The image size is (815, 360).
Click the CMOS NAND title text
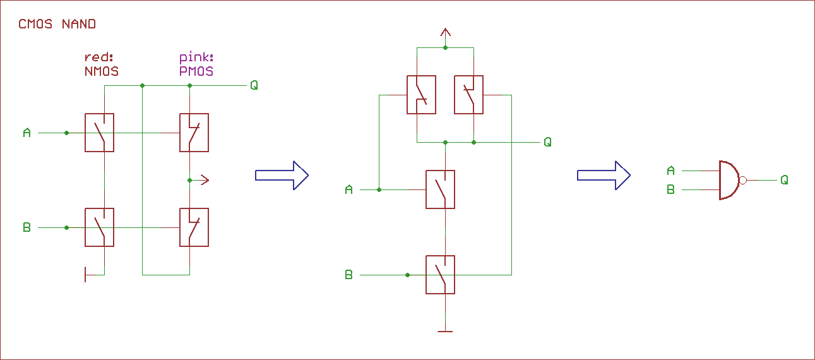coord(57,24)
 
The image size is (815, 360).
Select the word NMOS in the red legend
coord(101,71)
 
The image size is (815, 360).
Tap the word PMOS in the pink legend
coord(196,71)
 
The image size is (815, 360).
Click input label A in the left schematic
coord(27,133)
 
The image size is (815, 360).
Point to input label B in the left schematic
coord(27,227)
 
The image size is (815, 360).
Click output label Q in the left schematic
coord(254,85)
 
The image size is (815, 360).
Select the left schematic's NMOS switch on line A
coord(100,133)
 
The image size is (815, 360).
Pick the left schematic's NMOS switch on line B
coord(100,227)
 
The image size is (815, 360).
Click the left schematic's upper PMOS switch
coord(194,133)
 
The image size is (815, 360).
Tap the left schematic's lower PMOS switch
coord(194,227)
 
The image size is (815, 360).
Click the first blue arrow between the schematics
coord(282,175)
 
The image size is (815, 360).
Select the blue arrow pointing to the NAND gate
coord(604,175)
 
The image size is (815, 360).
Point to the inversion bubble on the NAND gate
coord(742,180)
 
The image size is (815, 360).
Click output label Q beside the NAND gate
coord(784,180)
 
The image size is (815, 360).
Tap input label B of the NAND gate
coord(670,189)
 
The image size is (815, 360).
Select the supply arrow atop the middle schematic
coord(445,33)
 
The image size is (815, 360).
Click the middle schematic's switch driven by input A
coord(440,189)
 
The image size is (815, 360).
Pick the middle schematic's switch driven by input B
coord(440,275)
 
